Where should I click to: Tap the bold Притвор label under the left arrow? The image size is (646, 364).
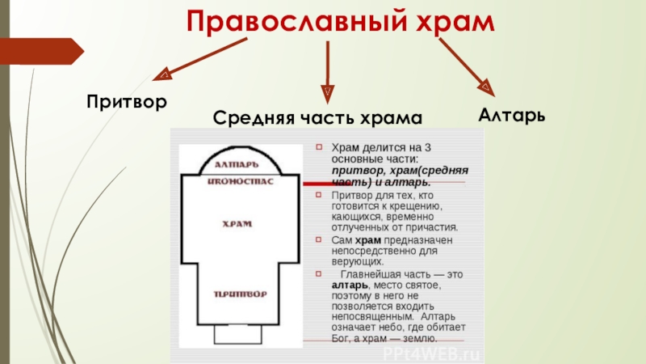[127, 102]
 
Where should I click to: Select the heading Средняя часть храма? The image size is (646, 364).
[317, 119]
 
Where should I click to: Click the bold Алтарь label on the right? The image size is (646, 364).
[511, 114]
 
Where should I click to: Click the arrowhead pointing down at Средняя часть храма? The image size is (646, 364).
[327, 91]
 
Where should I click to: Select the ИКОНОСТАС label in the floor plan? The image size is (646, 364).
[241, 182]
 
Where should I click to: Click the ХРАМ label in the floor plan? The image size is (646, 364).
[241, 222]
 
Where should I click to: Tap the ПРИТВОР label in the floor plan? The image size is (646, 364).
[241, 292]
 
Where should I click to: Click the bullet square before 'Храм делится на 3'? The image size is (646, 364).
[319, 148]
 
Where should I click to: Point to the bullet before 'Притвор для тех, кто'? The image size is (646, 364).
[319, 195]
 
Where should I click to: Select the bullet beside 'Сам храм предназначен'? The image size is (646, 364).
[319, 240]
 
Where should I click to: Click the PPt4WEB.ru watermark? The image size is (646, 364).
[432, 354]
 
